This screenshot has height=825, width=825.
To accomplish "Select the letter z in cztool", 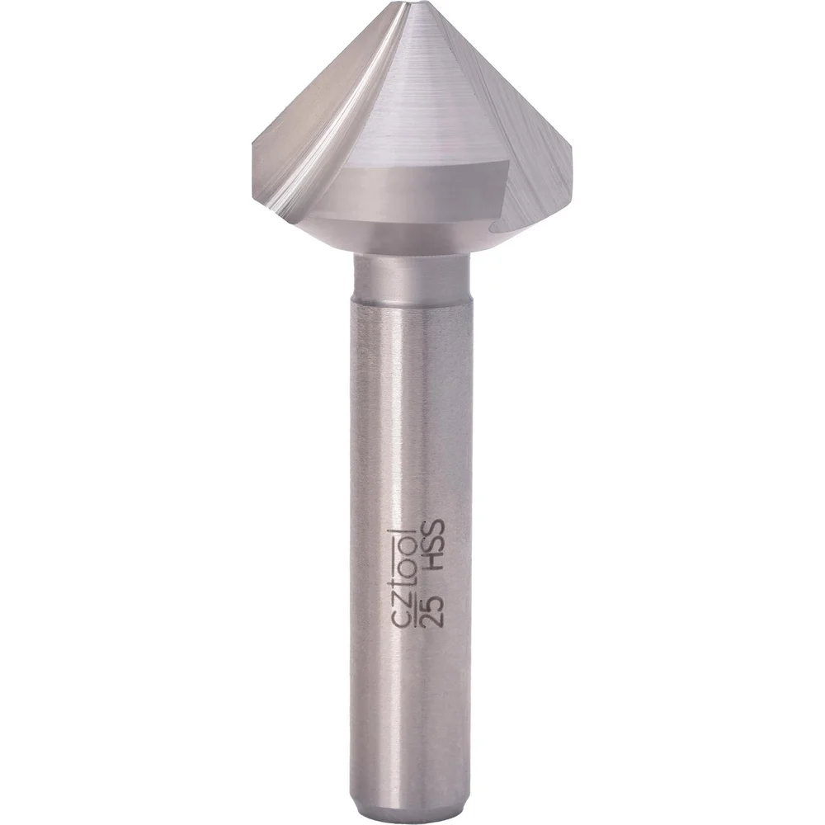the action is click(406, 603).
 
